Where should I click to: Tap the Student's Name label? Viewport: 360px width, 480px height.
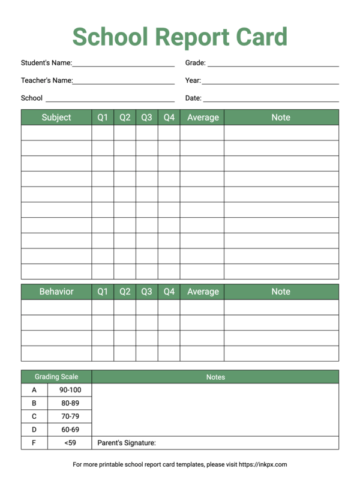[46, 62]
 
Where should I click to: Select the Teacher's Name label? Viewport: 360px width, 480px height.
[47, 80]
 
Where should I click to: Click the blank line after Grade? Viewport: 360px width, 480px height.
[273, 64]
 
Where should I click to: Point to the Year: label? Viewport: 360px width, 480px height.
[193, 80]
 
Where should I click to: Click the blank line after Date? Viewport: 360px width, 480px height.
[271, 100]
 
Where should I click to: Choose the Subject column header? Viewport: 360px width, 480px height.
[56, 118]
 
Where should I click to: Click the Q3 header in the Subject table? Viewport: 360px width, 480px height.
[146, 118]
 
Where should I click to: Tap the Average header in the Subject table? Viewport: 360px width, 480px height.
[203, 118]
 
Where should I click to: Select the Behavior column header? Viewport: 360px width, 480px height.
[56, 292]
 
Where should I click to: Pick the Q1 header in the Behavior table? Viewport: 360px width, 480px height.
[103, 292]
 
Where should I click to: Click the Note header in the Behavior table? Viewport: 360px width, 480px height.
[281, 292]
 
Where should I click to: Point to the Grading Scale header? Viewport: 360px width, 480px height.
[56, 377]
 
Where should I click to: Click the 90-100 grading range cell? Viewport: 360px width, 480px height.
[70, 390]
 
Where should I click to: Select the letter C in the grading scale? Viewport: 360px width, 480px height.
[34, 416]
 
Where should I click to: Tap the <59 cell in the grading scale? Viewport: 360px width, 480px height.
[70, 443]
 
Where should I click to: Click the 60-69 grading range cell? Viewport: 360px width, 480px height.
[70, 430]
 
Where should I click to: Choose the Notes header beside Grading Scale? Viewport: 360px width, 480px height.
[215, 377]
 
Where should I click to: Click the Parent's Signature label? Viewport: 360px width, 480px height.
[127, 443]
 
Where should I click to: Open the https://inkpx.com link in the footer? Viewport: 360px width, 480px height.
[263, 464]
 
